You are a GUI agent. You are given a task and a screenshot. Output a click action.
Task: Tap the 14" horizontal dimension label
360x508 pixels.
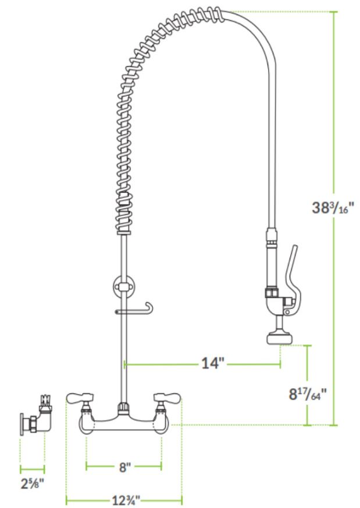click(213, 363)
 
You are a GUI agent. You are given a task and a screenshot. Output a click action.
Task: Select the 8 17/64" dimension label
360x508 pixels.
click(308, 394)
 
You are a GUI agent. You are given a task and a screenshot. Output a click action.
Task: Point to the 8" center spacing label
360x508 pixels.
click(124, 467)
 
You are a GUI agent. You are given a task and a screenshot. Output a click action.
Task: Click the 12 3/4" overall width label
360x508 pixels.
click(126, 500)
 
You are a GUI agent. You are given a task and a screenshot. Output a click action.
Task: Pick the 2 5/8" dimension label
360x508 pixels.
click(32, 484)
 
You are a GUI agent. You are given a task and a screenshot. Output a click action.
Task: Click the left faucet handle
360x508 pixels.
click(80, 397)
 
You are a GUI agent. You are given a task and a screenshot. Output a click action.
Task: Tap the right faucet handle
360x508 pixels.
click(167, 397)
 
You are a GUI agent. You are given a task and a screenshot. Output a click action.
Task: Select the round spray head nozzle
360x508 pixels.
click(280, 339)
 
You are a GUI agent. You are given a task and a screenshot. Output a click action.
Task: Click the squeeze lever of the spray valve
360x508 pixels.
click(293, 279)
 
